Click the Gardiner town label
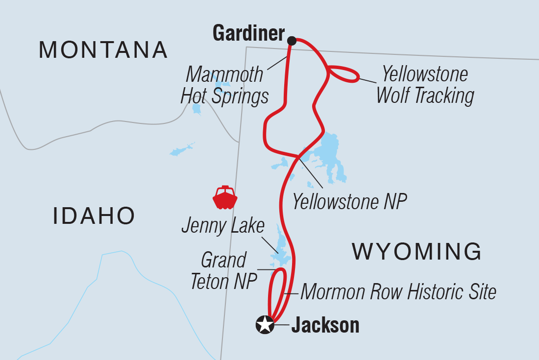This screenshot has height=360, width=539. tap(248, 34)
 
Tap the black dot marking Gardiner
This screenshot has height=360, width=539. tap(292, 40)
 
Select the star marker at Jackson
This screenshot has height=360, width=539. tap(265, 325)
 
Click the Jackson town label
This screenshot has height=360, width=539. tap(325, 326)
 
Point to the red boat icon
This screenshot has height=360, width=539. tap(225, 198)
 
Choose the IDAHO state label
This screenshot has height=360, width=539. tap(94, 216)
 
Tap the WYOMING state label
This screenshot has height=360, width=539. tap(417, 251)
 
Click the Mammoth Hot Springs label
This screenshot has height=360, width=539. tap(224, 86)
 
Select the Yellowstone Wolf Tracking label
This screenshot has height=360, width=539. tap(424, 85)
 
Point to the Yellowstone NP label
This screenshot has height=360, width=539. tap(349, 202)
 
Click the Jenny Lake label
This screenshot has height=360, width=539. tap(222, 226)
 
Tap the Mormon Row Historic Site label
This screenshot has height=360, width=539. tap(398, 292)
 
